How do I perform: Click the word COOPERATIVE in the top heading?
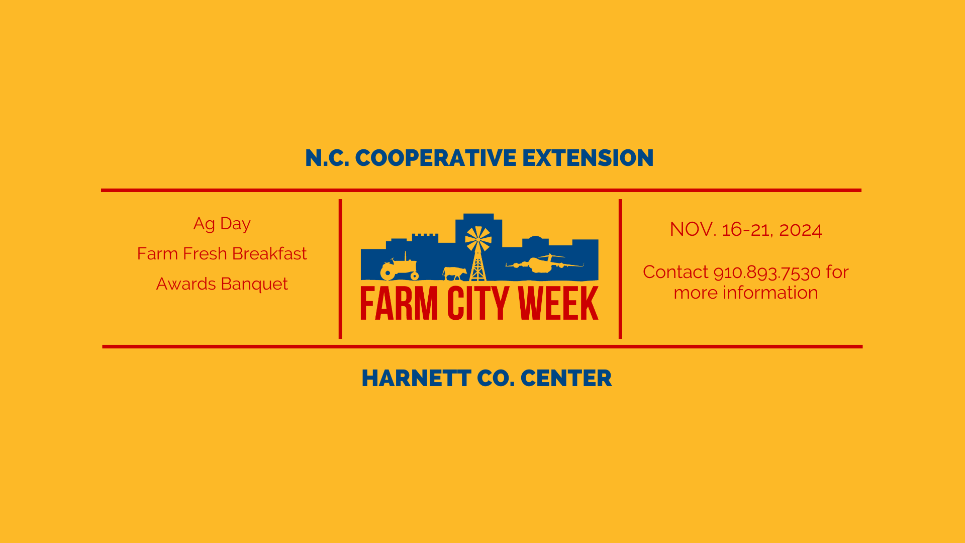(x=435, y=158)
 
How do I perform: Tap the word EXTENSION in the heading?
(x=588, y=158)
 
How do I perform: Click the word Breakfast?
(x=269, y=253)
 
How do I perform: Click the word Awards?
(x=186, y=284)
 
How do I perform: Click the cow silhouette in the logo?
(x=454, y=273)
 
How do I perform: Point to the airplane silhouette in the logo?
(x=544, y=263)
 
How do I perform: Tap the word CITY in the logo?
(x=477, y=303)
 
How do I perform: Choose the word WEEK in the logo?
(x=558, y=303)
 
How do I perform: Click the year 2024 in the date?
(x=800, y=230)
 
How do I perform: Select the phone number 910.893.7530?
(x=767, y=273)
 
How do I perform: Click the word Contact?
(x=675, y=272)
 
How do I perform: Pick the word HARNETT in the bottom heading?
(x=416, y=379)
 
